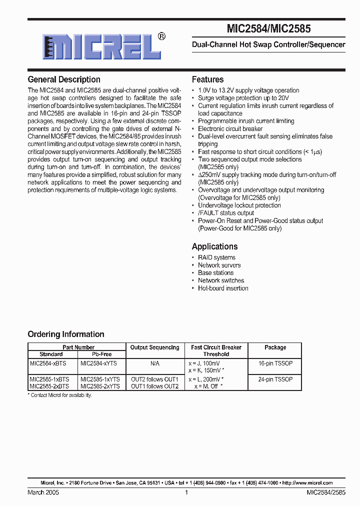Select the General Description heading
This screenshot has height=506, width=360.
[x=64, y=79]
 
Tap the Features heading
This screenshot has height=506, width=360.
[x=207, y=79]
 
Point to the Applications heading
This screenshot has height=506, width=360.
[x=214, y=246]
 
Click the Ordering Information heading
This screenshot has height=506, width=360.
[x=66, y=334]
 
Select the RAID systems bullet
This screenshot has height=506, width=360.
[x=216, y=257]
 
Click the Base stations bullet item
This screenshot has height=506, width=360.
[x=215, y=273]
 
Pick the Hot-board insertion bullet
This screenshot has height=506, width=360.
[x=223, y=288]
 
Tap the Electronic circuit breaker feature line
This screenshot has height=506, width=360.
[x=230, y=128]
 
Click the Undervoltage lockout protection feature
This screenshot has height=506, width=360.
[x=239, y=205]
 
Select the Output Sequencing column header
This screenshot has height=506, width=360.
[x=154, y=347]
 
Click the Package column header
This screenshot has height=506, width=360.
[x=275, y=347]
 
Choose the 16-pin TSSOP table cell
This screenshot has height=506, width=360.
[x=275, y=363]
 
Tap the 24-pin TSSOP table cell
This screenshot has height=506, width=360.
[x=275, y=379]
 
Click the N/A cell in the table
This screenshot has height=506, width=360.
[x=154, y=363]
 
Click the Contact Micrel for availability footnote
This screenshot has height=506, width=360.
[x=61, y=395]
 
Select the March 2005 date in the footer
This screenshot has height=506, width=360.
[x=43, y=492]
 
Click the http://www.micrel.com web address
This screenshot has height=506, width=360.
[x=307, y=483]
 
